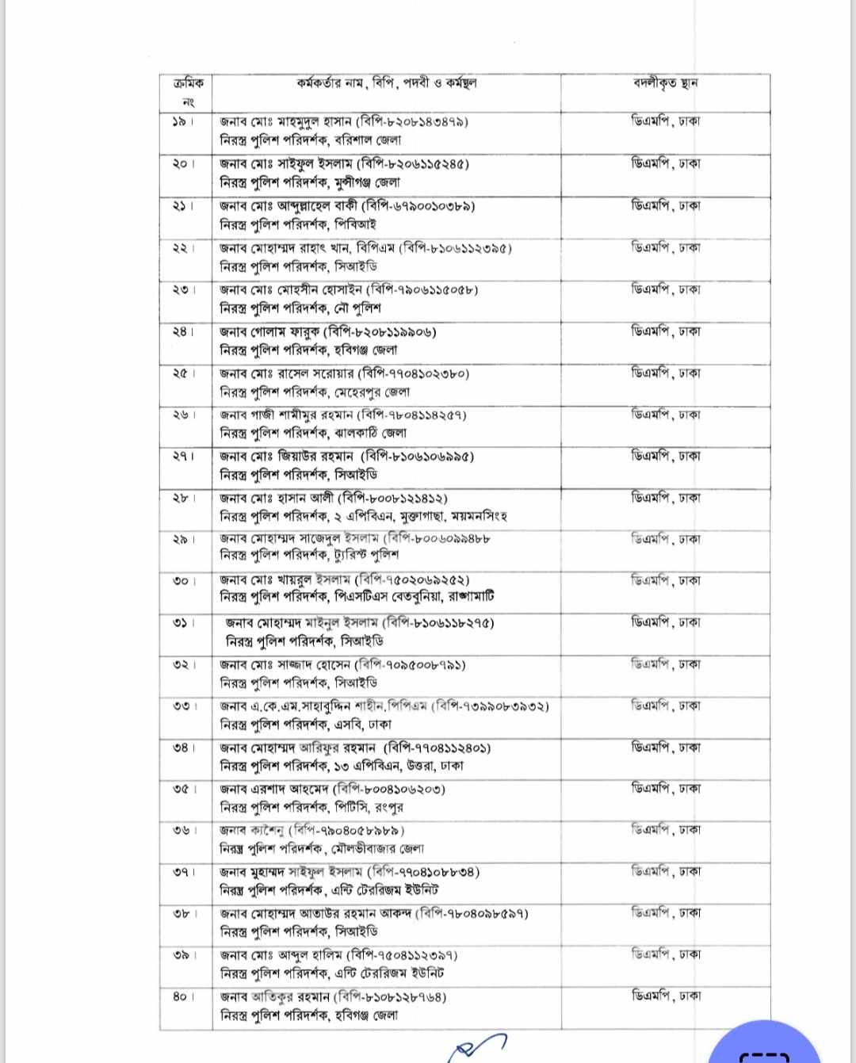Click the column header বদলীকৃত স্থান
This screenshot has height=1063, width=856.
tap(665, 82)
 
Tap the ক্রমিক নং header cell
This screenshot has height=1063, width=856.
tap(187, 92)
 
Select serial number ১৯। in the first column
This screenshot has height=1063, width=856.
tap(183, 122)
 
